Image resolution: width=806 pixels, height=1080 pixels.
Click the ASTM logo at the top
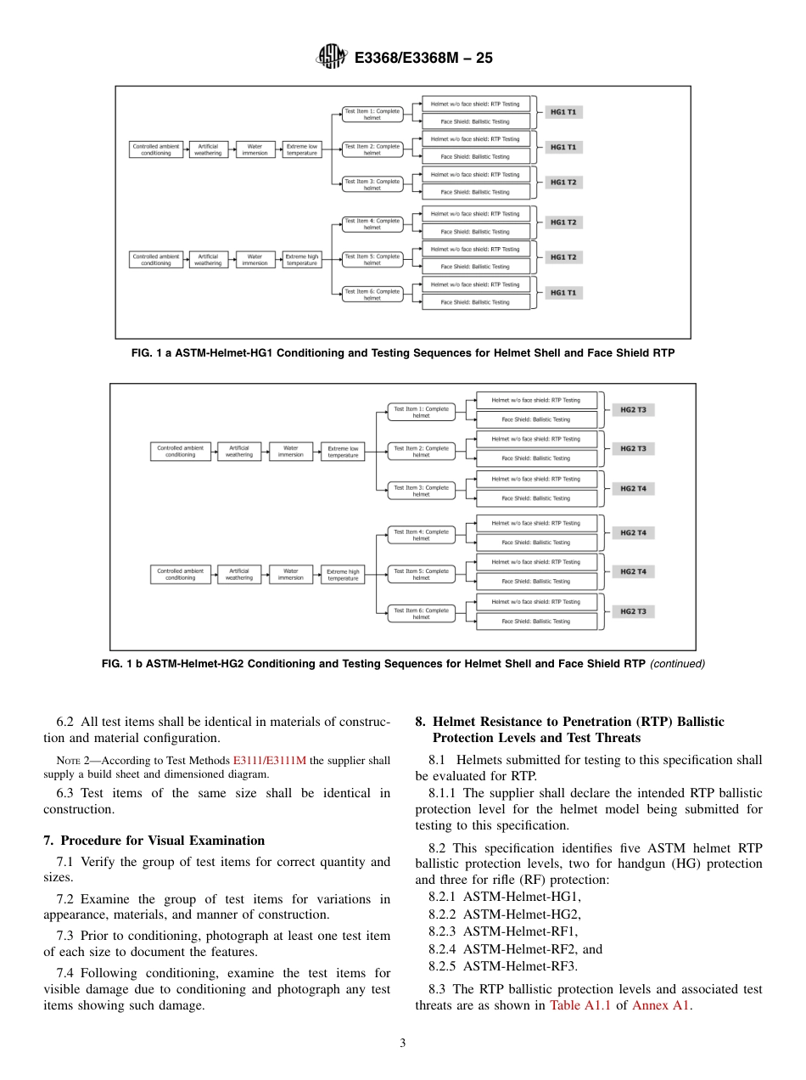[x=331, y=57]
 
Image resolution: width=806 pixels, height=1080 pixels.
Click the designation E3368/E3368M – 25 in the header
[x=423, y=58]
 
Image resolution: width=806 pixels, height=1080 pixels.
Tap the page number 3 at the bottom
[x=403, y=1043]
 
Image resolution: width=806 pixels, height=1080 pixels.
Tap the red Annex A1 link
[x=662, y=1005]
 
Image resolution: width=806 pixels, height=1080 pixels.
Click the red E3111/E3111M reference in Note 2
[x=269, y=761]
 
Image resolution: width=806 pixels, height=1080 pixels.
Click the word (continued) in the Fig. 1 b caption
[x=677, y=664]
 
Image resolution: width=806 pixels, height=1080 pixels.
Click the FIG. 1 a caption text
[x=403, y=353]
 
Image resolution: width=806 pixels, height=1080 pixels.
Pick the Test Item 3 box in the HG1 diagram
[x=372, y=184]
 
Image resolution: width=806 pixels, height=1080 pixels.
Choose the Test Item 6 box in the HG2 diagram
[x=421, y=614]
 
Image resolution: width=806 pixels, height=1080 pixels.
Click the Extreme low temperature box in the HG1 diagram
[x=301, y=149]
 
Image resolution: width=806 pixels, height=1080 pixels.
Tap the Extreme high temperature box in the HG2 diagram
[x=343, y=575]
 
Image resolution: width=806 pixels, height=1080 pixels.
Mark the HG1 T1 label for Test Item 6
[x=563, y=293]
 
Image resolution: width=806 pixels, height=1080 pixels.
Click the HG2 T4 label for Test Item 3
[x=633, y=489]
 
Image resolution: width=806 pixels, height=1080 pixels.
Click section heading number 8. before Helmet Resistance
[x=420, y=722]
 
